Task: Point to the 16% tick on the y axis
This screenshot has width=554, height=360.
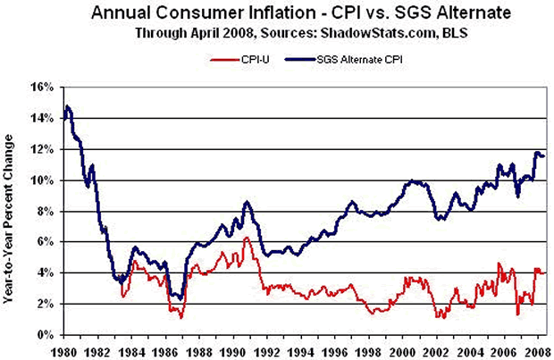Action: pos(42,88)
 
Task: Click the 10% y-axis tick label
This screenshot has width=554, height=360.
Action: pos(42,180)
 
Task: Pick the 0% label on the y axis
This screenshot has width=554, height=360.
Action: pos(45,335)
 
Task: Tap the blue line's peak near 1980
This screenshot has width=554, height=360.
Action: pos(68,106)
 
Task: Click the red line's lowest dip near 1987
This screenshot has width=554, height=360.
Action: pos(180,317)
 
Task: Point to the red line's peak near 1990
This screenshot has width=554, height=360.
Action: pos(246,237)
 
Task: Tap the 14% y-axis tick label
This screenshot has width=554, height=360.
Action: pos(42,119)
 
